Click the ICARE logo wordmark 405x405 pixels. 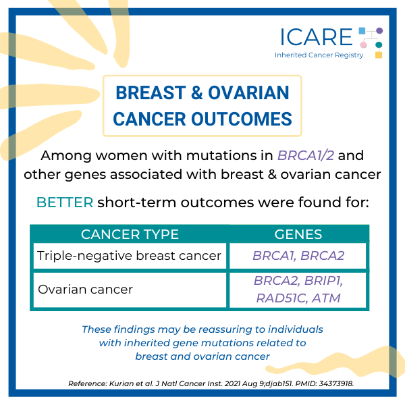point(316,37)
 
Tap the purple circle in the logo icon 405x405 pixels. point(379,30)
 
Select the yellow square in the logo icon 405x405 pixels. point(379,55)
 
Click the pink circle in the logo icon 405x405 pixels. point(363,45)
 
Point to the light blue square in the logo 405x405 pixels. point(362,31)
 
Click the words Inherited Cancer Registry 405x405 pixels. point(319,55)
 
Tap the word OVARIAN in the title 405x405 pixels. point(248,92)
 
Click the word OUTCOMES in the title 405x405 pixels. point(242,119)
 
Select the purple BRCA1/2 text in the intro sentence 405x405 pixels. point(306,155)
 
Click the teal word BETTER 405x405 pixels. point(65,202)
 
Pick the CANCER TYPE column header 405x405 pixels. point(130,234)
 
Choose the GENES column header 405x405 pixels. point(298,234)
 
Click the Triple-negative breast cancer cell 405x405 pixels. point(129,256)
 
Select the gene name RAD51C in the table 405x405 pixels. point(281,298)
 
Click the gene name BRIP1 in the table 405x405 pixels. point(323,281)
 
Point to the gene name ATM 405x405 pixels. point(326,298)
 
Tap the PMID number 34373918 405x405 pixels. point(336,383)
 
